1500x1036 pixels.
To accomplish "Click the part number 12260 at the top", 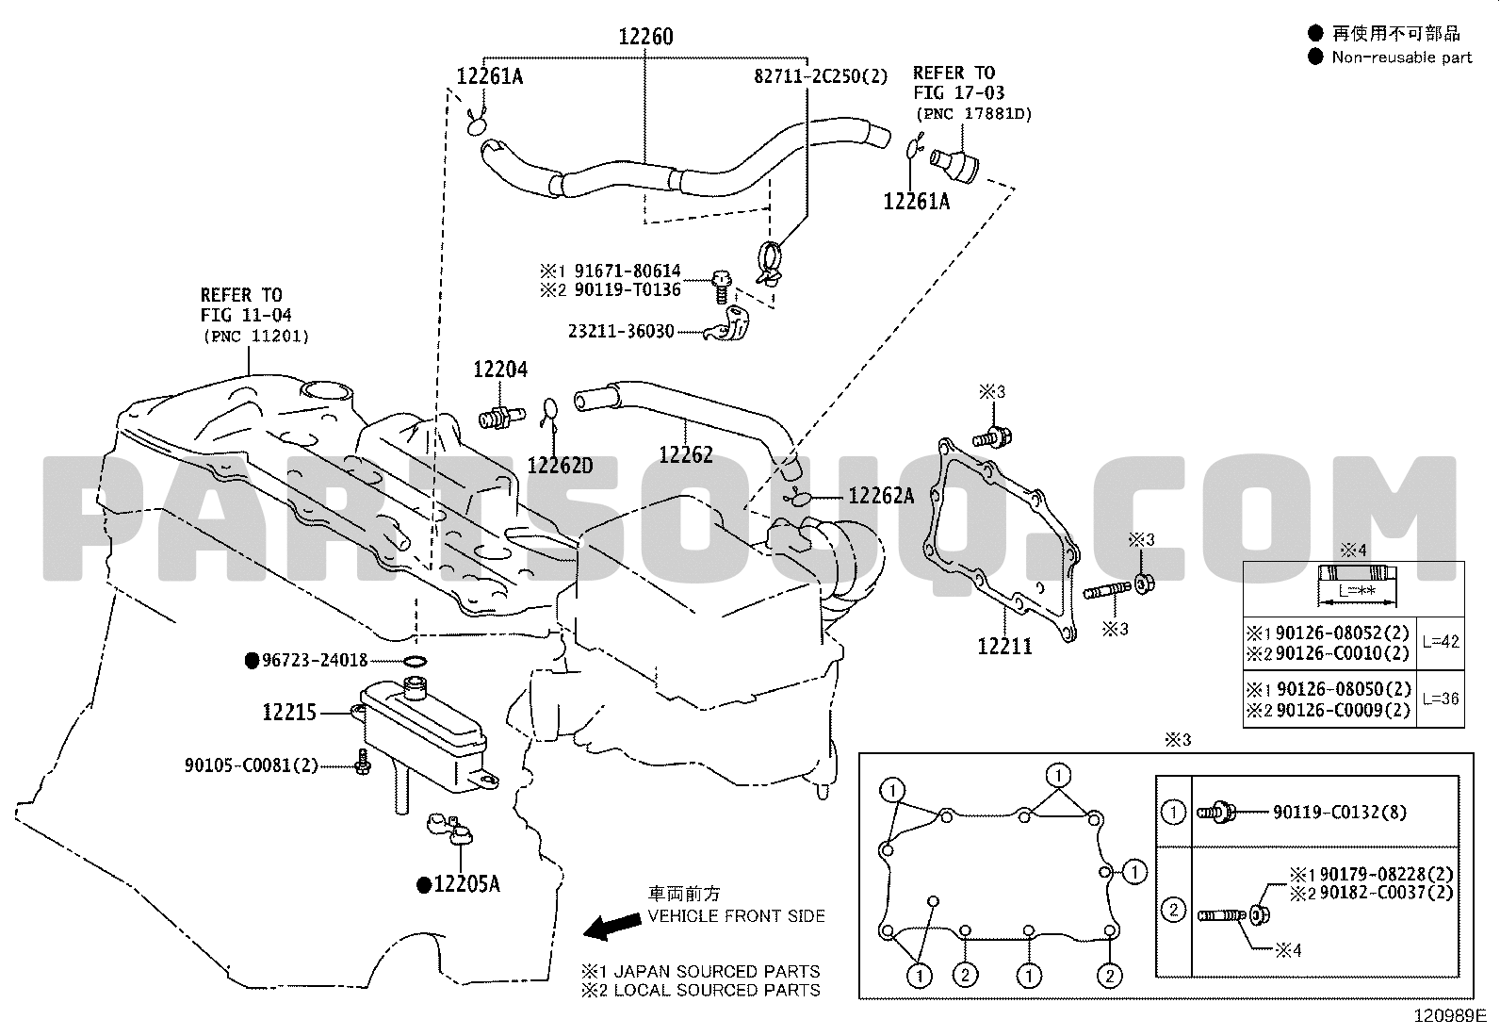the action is [x=645, y=36].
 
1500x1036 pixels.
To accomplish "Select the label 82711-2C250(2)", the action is [x=821, y=76].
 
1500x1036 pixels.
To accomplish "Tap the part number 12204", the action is [x=500, y=370].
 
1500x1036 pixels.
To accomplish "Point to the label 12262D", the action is [x=560, y=466].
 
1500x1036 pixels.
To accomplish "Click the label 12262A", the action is [x=881, y=496].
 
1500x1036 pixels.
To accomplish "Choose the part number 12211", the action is [x=1004, y=647].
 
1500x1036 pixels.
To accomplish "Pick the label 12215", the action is [x=289, y=712].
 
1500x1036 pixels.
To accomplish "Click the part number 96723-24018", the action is [x=315, y=661].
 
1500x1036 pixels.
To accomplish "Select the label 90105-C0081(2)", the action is [x=252, y=765].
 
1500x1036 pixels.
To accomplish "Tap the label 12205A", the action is [x=466, y=884].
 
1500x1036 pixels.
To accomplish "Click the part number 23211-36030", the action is [x=622, y=332].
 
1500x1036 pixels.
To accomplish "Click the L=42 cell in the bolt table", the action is [x=1441, y=642].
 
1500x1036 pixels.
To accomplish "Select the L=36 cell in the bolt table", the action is [x=1441, y=699].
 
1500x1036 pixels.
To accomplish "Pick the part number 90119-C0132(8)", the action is [x=1339, y=813].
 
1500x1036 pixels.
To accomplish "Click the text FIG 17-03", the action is [x=959, y=93].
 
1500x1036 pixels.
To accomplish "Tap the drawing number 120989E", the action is [x=1450, y=1016].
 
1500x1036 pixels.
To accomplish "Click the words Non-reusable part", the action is [x=1402, y=58].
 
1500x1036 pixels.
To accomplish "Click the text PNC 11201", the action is [x=257, y=337].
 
